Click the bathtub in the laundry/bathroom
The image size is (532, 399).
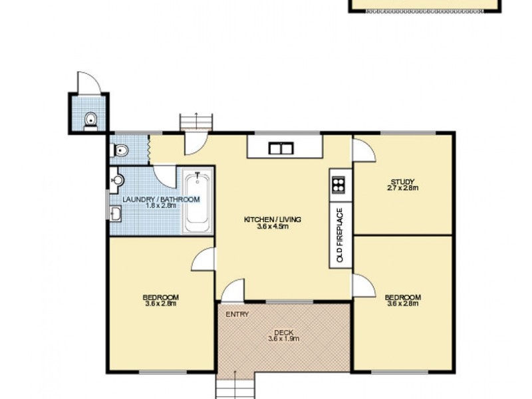pyautogui.click(x=197, y=201)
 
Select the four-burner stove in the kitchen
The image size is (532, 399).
pyautogui.click(x=338, y=184)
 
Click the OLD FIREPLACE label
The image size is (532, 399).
pyautogui.click(x=339, y=235)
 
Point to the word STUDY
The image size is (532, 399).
pyautogui.click(x=403, y=182)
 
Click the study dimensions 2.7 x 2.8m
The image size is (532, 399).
pyautogui.click(x=403, y=188)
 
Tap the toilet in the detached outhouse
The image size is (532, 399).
pyautogui.click(x=91, y=120)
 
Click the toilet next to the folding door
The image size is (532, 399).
pyautogui.click(x=120, y=151)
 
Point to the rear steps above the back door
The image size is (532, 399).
pyautogui.click(x=198, y=122)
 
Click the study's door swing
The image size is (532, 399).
pyautogui.click(x=364, y=151)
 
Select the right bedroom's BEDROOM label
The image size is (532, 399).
pyautogui.click(x=403, y=297)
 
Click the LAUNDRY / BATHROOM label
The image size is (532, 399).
pyautogui.click(x=160, y=199)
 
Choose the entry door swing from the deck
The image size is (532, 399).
pyautogui.click(x=233, y=290)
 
